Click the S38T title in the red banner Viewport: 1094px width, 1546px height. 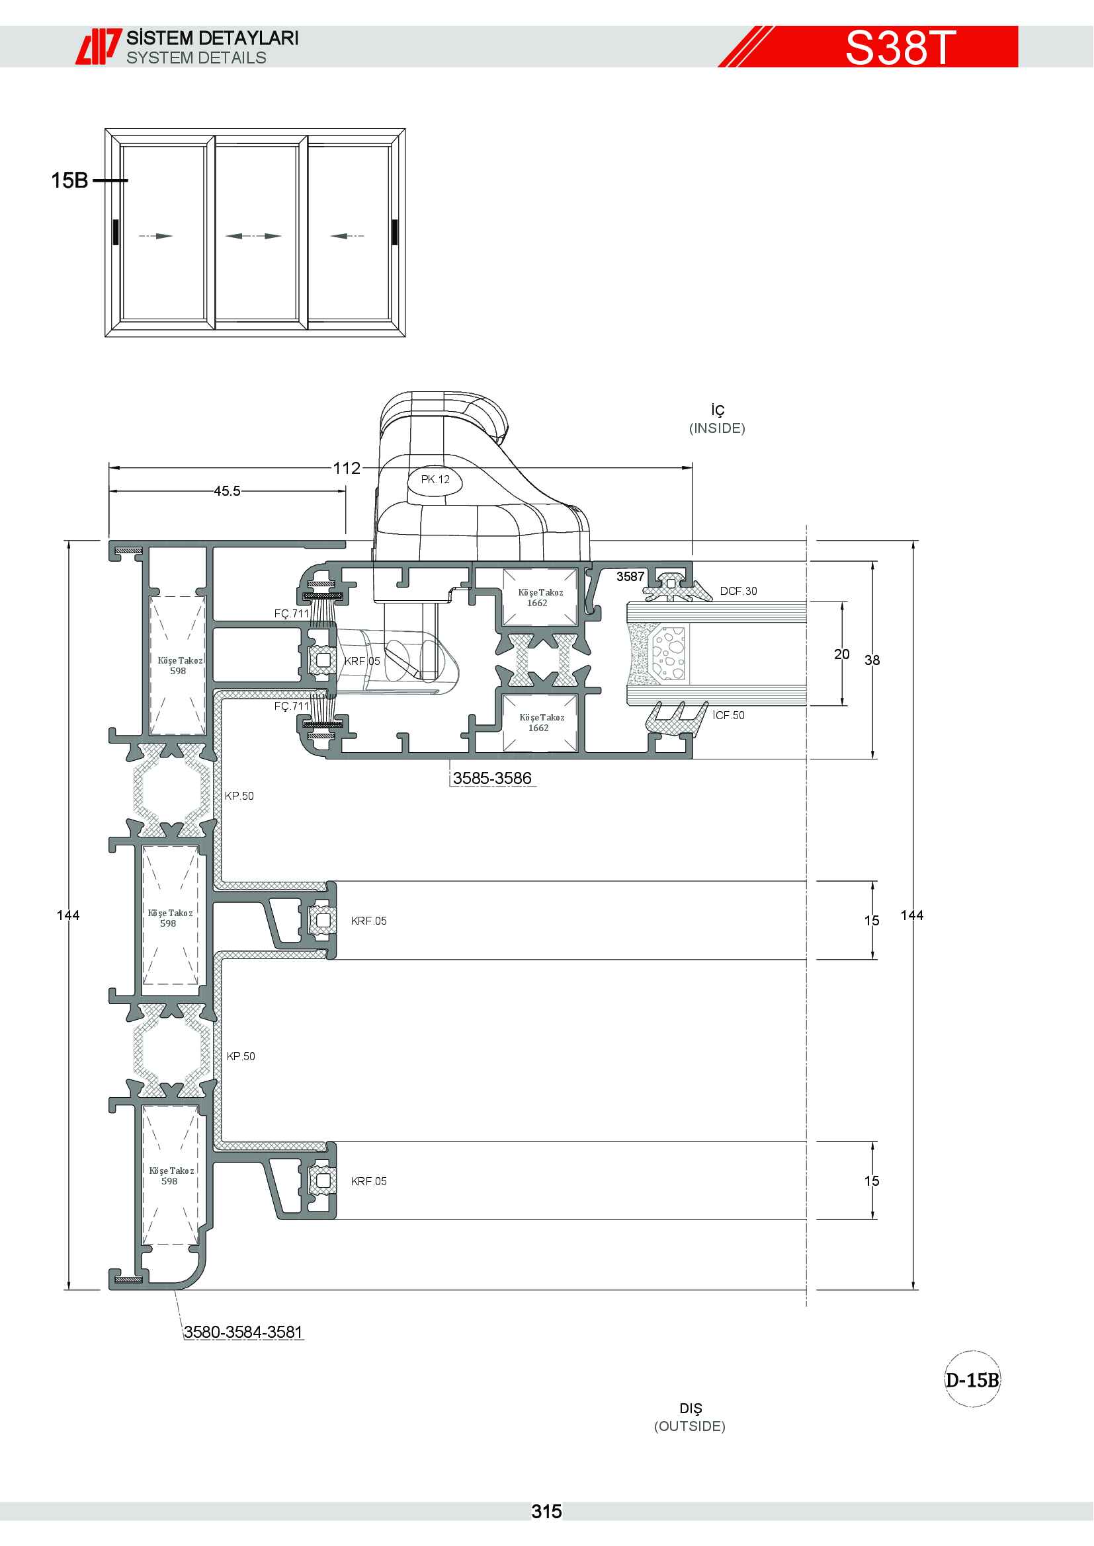(900, 48)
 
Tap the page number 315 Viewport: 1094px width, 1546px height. (546, 1512)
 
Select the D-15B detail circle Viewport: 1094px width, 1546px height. (973, 1379)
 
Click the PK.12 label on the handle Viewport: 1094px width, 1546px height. (435, 479)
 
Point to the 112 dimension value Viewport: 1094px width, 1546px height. (347, 468)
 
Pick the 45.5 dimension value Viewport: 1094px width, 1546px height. (227, 492)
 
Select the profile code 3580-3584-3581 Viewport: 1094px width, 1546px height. (243, 1332)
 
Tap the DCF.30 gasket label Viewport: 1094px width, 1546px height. (738, 591)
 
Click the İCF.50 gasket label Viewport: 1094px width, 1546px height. (729, 715)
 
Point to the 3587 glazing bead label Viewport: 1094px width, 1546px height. (630, 576)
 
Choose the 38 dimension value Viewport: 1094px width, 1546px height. (872, 660)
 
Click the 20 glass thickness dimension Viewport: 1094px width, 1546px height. (842, 654)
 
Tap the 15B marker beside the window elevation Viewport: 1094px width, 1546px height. (70, 180)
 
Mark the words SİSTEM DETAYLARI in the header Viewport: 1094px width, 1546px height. (213, 38)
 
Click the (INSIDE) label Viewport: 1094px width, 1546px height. (717, 428)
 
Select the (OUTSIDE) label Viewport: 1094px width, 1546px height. (690, 1426)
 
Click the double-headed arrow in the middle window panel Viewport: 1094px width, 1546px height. (253, 236)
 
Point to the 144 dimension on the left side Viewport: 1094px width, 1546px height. (68, 915)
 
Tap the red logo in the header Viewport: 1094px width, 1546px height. (99, 46)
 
